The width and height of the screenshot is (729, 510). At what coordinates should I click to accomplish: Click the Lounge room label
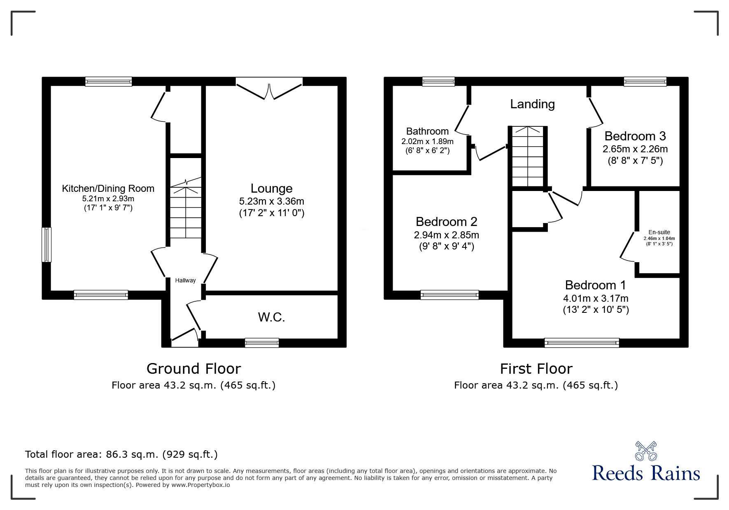click(x=271, y=189)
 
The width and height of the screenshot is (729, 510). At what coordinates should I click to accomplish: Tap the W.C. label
click(x=271, y=317)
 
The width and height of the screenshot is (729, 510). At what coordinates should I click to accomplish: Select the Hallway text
click(x=185, y=280)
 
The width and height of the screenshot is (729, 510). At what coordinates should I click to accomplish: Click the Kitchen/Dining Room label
click(x=108, y=189)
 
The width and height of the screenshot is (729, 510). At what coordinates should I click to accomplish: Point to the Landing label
click(x=532, y=104)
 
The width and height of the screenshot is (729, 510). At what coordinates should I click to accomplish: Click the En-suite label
click(x=659, y=232)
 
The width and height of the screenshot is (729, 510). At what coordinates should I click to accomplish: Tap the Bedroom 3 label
click(x=635, y=136)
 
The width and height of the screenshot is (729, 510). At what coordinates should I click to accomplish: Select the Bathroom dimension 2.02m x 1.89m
click(x=427, y=141)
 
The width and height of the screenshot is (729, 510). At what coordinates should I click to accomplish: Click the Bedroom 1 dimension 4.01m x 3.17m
click(x=595, y=298)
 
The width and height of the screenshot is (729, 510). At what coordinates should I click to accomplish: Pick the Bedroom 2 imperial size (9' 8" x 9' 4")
click(x=446, y=247)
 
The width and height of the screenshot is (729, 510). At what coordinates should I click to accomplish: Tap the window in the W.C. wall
click(x=262, y=342)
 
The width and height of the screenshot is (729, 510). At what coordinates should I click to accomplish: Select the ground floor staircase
click(x=186, y=212)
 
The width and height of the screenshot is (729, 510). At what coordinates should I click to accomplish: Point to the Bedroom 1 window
click(x=581, y=342)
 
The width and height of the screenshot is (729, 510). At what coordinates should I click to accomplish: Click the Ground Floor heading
click(x=193, y=368)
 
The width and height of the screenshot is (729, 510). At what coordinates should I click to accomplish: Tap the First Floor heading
click(x=536, y=368)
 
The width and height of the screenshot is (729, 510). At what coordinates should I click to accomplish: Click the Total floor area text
click(x=121, y=454)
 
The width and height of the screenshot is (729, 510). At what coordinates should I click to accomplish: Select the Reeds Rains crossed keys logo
click(x=646, y=451)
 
